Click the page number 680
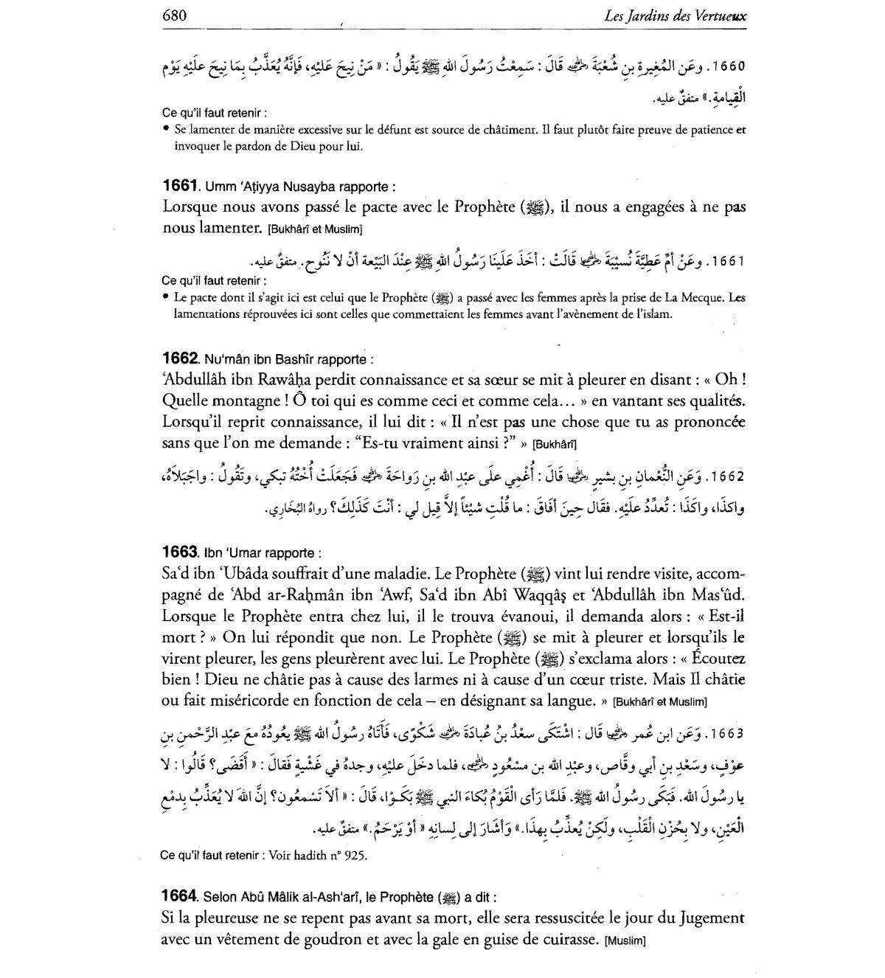(175, 15)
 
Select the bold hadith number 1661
(179, 187)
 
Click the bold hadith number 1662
(179, 358)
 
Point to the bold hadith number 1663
(179, 552)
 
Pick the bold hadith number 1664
(179, 896)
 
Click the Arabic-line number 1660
(726, 65)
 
